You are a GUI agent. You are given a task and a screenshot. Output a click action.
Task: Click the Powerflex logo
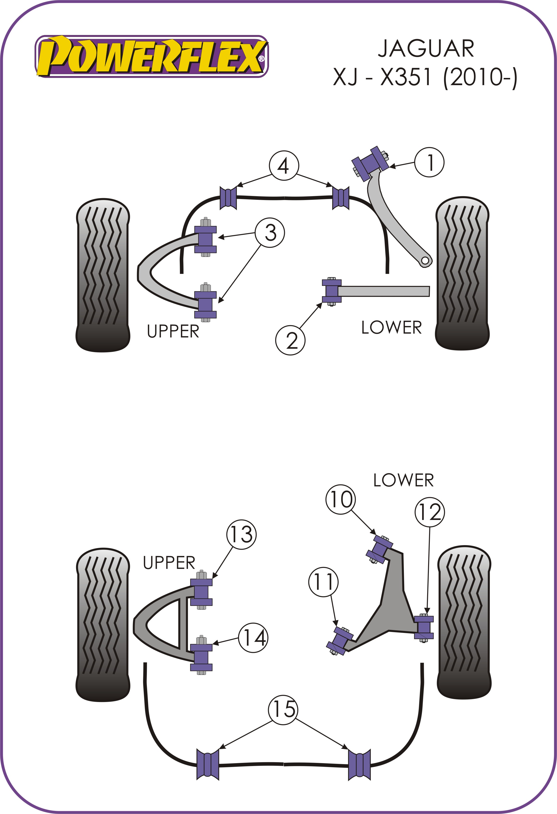tap(151, 56)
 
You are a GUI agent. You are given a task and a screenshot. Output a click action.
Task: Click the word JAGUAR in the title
tap(426, 49)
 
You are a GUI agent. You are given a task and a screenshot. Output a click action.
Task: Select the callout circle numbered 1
tap(429, 162)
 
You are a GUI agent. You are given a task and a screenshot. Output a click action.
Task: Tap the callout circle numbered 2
tap(290, 340)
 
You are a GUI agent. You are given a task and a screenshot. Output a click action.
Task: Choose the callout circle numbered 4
tap(284, 166)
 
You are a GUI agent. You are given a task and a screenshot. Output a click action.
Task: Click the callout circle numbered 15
tap(283, 709)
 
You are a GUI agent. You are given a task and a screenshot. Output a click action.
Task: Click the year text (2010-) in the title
tap(480, 78)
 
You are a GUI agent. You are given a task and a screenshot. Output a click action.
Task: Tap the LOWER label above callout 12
tap(403, 480)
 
